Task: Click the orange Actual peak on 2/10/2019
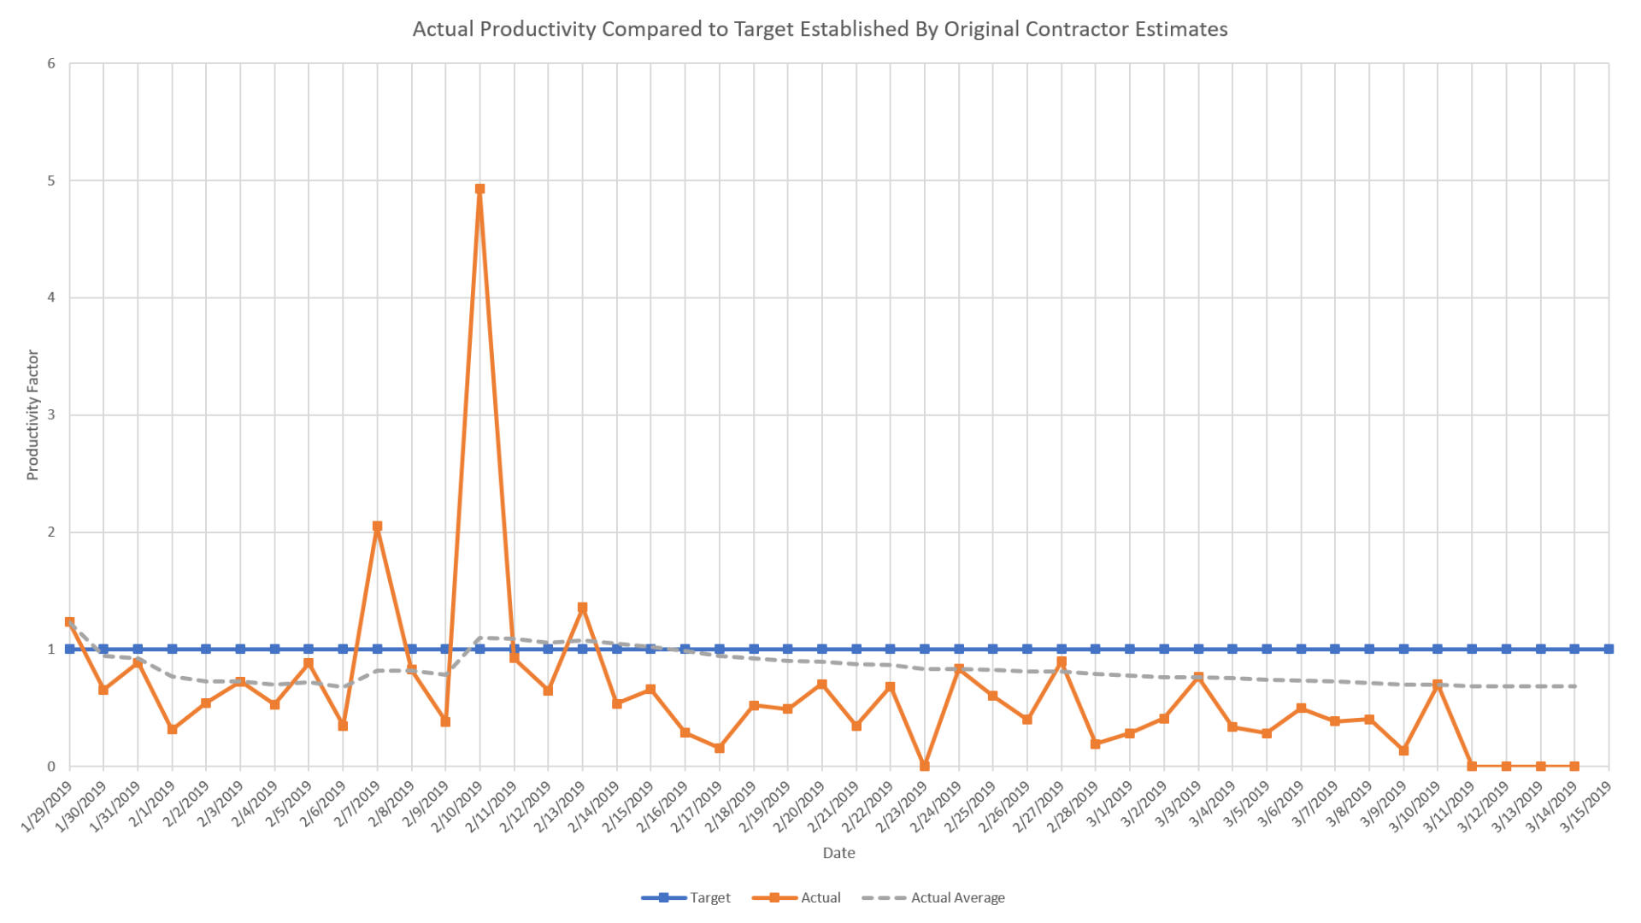tap(479, 189)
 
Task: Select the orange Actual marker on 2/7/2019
tap(377, 526)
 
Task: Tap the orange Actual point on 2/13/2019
tap(582, 608)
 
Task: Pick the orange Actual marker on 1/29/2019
tap(69, 622)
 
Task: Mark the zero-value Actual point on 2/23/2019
tap(924, 766)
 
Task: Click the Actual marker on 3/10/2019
tap(1438, 685)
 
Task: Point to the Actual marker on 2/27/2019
tap(1062, 661)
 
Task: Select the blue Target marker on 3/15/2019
tap(1609, 650)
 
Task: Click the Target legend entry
tap(709, 897)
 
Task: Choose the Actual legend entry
tap(820, 897)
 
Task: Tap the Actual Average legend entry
tap(957, 897)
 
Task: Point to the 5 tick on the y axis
tap(51, 181)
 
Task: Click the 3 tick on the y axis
tap(51, 415)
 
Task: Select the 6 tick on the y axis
tap(51, 64)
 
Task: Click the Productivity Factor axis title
tap(33, 415)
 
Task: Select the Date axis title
tap(838, 853)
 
